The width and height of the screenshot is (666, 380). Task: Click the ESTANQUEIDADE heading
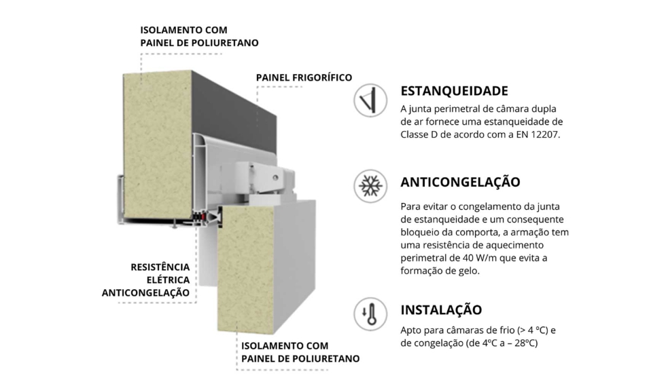[x=454, y=91]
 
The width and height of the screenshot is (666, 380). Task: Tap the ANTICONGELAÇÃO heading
[x=460, y=182]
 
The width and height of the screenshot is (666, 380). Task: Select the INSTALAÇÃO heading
[x=441, y=310]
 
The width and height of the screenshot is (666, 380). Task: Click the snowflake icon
[x=370, y=186]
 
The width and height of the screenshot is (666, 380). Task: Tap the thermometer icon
[x=370, y=314]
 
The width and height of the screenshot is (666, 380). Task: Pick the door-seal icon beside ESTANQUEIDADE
[x=370, y=100]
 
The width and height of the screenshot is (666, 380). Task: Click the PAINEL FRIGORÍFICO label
[x=303, y=77]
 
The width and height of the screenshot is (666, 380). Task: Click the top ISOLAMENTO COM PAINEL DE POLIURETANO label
[x=198, y=37]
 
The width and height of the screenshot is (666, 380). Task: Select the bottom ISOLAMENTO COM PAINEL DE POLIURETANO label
[x=300, y=352]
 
